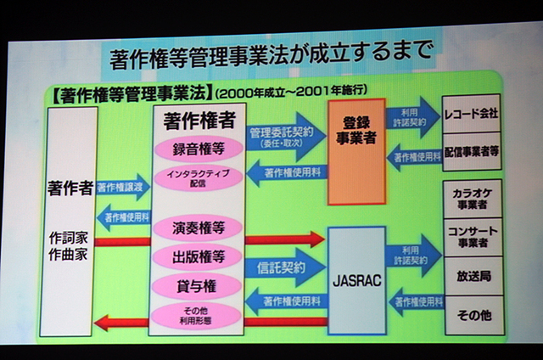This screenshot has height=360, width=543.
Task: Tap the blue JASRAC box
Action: point(355,277)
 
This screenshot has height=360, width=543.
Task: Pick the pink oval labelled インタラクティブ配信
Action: point(198,177)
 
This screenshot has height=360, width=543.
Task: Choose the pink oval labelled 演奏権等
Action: point(198,228)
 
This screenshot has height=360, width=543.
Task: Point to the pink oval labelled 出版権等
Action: point(198,256)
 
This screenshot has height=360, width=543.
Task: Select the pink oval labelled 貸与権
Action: point(198,285)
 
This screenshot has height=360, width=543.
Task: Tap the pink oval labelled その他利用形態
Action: point(198,314)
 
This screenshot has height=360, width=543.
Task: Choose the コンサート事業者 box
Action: point(471,238)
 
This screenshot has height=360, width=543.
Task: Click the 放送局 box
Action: point(471,277)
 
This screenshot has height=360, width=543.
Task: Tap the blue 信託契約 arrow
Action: point(283,267)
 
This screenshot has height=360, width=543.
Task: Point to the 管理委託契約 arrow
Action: point(284,136)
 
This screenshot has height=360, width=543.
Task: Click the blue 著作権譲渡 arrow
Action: point(124,188)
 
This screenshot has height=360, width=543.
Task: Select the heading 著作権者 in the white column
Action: point(197,121)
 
